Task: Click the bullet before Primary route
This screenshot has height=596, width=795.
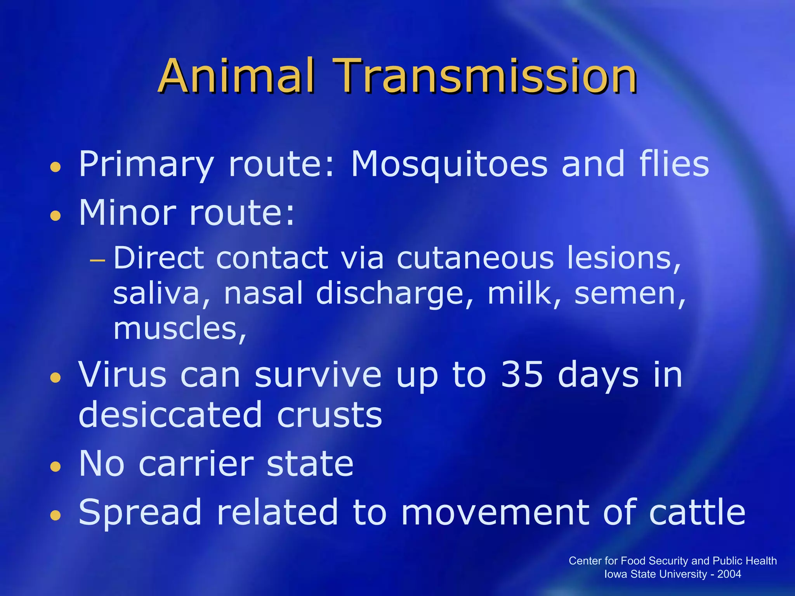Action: pyautogui.click(x=56, y=167)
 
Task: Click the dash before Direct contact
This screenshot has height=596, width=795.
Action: pyautogui.click(x=97, y=260)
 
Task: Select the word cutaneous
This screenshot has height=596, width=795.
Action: pyautogui.click(x=475, y=258)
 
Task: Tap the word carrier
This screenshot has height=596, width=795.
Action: pyautogui.click(x=196, y=464)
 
